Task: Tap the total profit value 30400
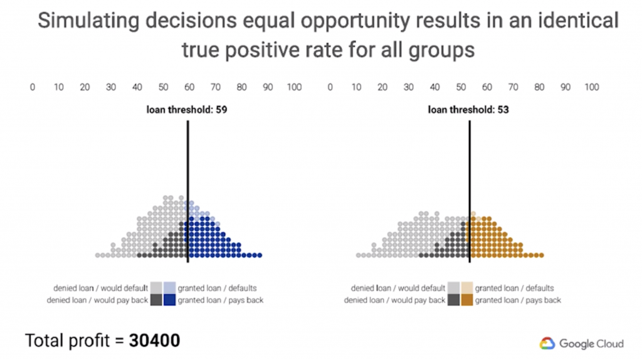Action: coord(155,341)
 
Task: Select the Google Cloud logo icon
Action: coord(547,343)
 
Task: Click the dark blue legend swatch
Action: coord(170,300)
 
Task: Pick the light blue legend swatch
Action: coord(170,288)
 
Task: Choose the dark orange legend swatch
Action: coord(467,300)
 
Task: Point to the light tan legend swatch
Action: coord(467,288)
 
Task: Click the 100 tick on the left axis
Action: coord(294,87)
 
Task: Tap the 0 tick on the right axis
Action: coord(330,87)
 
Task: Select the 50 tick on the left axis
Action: coord(163,87)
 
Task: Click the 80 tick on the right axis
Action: coord(539,87)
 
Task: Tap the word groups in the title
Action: coord(442,50)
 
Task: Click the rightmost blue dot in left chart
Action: coord(259,255)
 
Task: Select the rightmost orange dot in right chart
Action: coord(541,255)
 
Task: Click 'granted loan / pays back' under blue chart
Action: coord(220,300)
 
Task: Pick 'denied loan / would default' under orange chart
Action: coord(398,289)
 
